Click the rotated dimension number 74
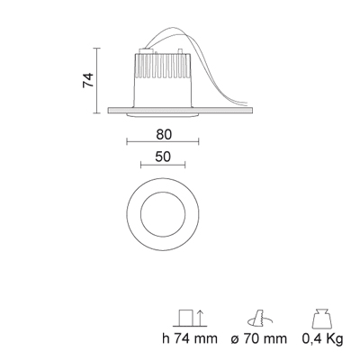tap(88, 80)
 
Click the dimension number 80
tap(164, 135)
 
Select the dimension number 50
tap(163, 157)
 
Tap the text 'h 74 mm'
tap(190, 338)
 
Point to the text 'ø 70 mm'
tap(259, 338)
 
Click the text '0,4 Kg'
tap(322, 339)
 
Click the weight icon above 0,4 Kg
tap(322, 319)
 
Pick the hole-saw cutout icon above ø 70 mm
tap(259, 318)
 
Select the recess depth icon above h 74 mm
tap(190, 318)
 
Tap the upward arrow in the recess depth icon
tap(201, 318)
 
